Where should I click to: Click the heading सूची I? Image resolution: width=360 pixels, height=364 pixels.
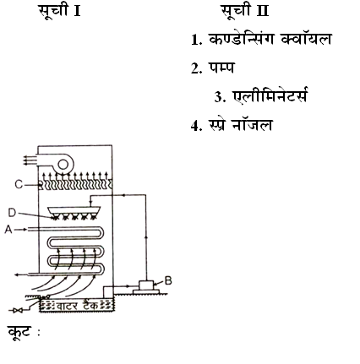tap(60, 11)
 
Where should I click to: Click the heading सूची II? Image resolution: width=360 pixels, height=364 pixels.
tap(244, 11)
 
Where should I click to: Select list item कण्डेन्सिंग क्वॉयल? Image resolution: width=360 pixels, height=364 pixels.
tap(270, 39)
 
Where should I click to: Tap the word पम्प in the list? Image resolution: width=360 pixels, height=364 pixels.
tap(221, 68)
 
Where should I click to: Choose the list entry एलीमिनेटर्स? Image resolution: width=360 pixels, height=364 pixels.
tap(270, 95)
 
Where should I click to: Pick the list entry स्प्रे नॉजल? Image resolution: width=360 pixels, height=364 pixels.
tap(240, 125)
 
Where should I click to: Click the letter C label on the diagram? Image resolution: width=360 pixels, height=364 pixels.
tap(19, 185)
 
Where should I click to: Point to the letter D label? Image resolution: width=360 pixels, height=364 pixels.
tap(12, 213)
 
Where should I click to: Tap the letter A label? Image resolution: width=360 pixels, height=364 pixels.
tap(8, 230)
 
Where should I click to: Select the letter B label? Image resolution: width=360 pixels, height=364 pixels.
tap(168, 280)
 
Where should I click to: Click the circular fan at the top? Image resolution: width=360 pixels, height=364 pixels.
tap(63, 164)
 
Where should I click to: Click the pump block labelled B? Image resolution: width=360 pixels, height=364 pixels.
tap(146, 285)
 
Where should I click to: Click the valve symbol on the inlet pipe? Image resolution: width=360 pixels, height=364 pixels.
tap(19, 311)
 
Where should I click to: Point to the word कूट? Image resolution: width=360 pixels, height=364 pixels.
tap(19, 332)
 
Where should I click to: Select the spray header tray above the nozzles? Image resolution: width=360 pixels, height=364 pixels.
tap(74, 210)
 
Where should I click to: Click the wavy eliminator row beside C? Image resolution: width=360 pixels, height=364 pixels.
tap(75, 185)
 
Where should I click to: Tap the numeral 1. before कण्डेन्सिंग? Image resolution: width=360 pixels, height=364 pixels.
tap(197, 40)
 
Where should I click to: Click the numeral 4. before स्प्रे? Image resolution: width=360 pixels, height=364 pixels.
tap(197, 126)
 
